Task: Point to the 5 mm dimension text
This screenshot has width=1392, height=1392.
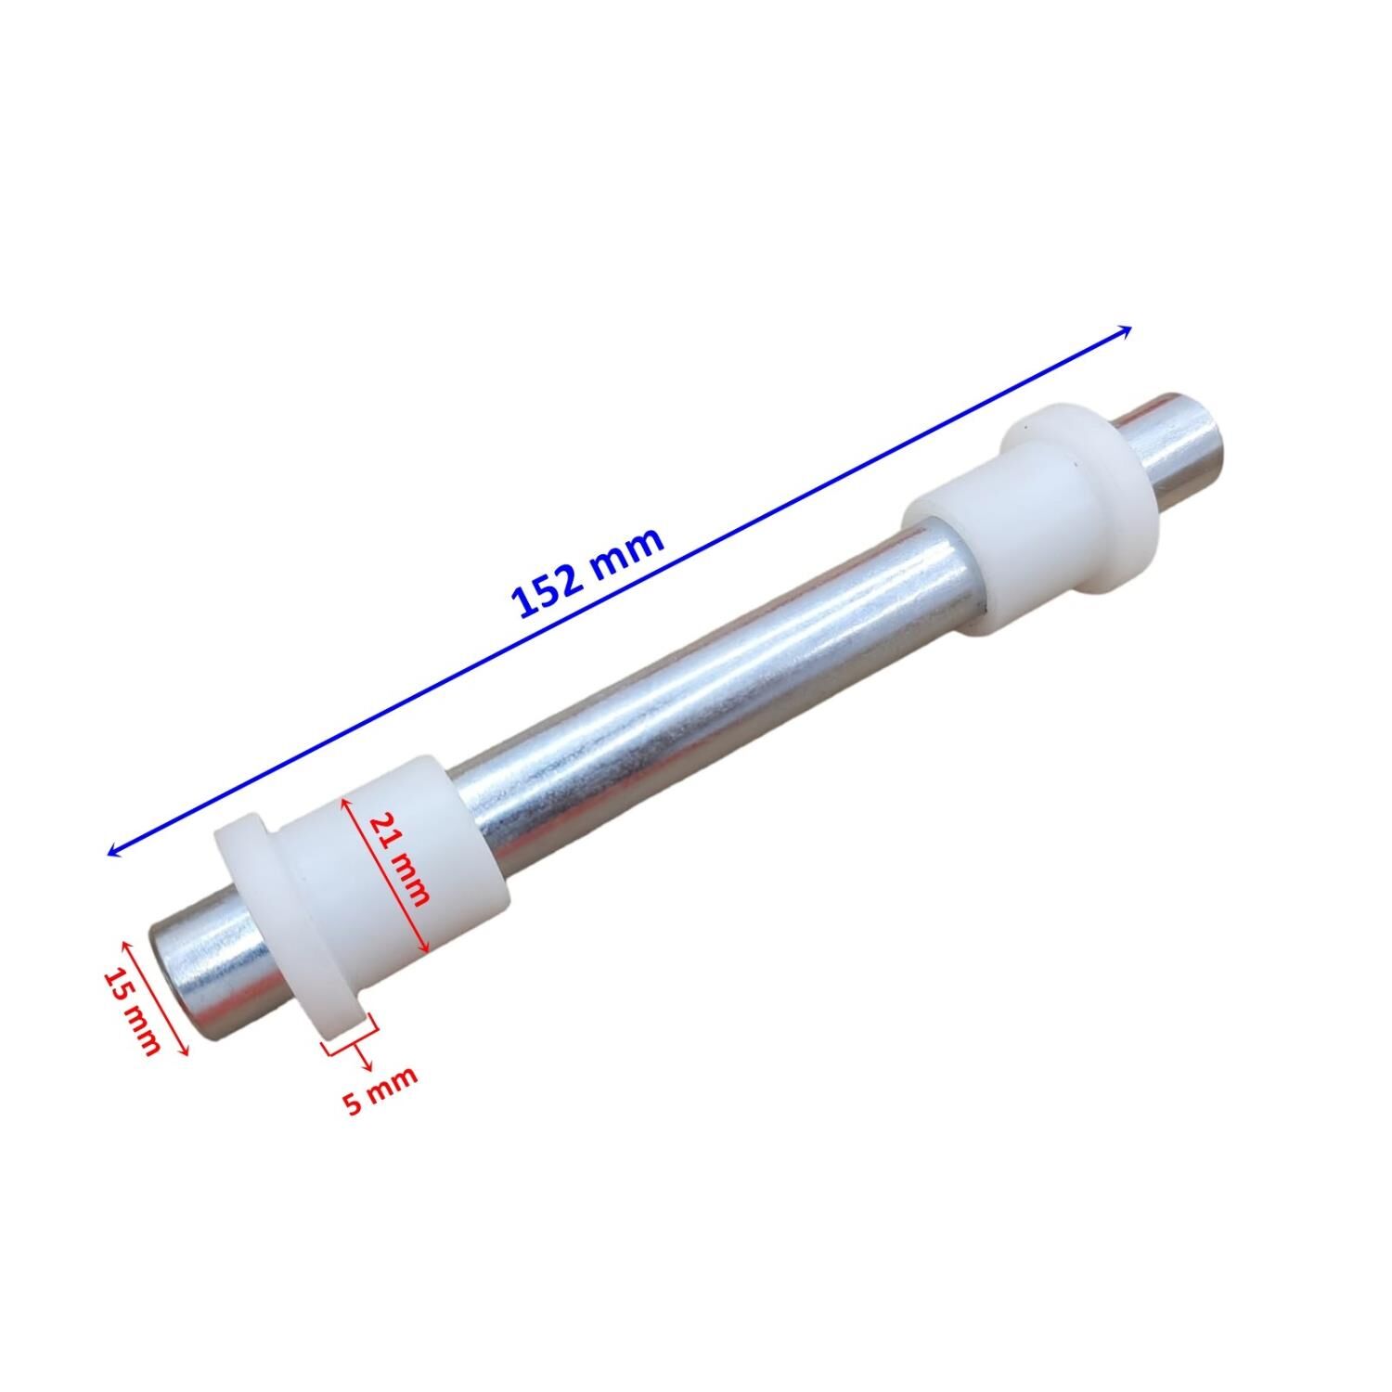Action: coord(380,1090)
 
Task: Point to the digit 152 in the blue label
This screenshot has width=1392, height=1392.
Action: coord(549,590)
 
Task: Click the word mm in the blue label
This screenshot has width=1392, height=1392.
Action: coord(631,551)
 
